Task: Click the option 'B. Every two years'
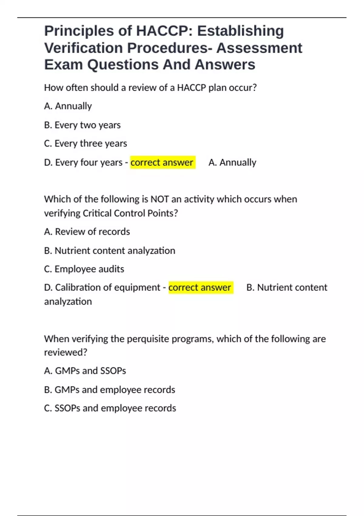pos(82,125)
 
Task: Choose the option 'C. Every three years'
pos(85,144)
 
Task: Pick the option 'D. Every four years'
pos(83,163)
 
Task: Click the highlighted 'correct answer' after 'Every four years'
pos(162,163)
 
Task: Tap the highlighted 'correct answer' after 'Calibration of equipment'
pos(200,287)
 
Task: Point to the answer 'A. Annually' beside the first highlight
pos(232,163)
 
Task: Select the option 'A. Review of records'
pos(87,232)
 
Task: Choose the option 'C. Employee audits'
pos(84,269)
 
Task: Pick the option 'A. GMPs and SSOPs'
pos(85,371)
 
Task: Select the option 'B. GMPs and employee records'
pos(110,390)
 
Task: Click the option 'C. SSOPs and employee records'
pos(110,408)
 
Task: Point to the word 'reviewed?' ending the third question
pos(66,352)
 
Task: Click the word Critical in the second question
pos(97,213)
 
